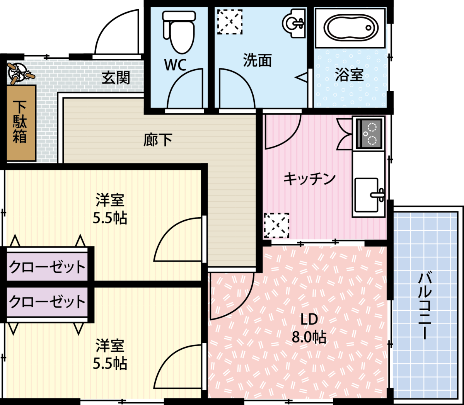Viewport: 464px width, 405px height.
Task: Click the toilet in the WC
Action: click(179, 32)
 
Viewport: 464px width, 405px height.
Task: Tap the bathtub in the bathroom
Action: click(351, 28)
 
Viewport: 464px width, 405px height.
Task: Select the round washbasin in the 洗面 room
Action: click(294, 23)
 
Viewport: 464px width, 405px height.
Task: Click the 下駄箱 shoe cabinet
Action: click(21, 123)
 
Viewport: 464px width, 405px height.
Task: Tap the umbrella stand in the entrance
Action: click(20, 73)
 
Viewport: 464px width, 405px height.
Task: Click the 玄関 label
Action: click(116, 78)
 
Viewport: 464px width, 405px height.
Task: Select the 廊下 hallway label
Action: click(158, 140)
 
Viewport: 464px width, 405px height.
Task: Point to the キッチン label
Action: click(310, 179)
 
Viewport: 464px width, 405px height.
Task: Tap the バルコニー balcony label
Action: click(425, 306)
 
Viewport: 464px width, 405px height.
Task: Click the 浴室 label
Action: click(350, 75)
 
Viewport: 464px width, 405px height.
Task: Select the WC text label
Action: click(175, 65)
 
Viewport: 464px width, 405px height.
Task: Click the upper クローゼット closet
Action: click(47, 267)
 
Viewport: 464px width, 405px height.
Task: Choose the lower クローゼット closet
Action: click(47, 302)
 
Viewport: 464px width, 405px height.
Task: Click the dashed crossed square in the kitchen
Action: click(276, 226)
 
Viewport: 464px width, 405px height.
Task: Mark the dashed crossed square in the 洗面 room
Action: click(230, 22)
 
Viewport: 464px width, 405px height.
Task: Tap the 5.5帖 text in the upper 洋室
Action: click(110, 218)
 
